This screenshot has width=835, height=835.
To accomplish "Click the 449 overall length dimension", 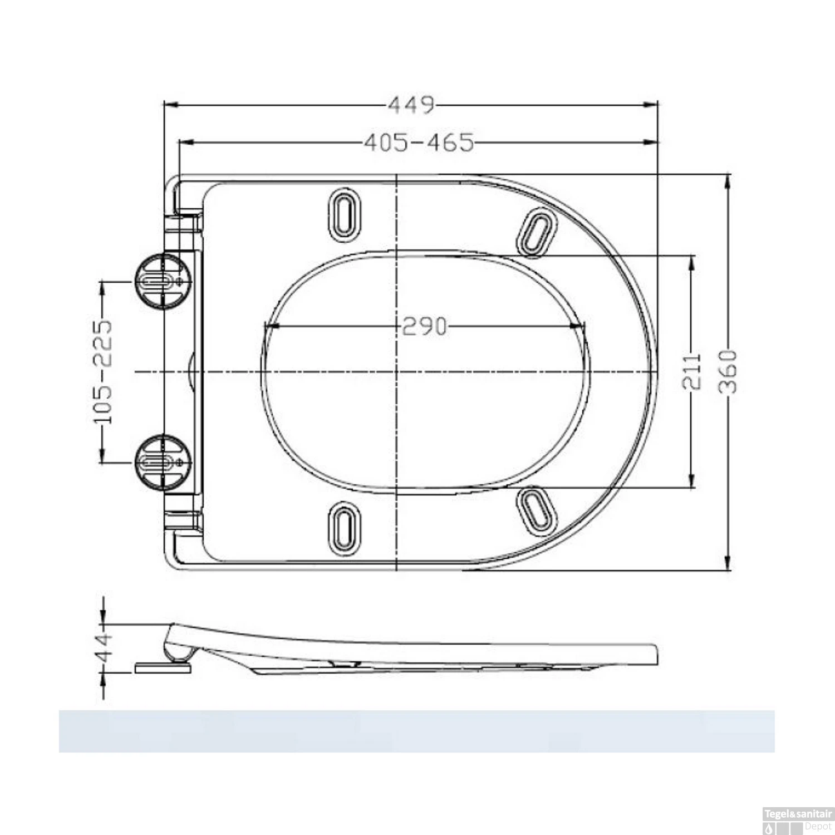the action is [411, 105].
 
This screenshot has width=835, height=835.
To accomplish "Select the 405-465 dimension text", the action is [419, 143].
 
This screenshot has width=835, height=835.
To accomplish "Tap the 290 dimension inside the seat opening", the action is [424, 327].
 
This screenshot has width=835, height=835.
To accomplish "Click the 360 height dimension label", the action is [728, 372].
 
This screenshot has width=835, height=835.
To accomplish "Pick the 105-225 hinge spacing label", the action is [102, 371].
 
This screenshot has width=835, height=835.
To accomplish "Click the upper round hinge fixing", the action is [164, 281].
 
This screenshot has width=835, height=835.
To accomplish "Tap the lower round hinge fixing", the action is [164, 462].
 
